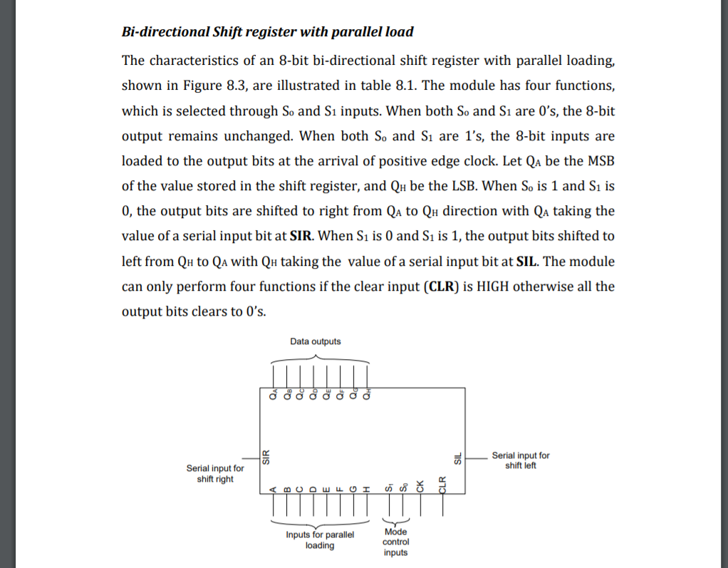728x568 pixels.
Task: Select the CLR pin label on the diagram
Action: [442, 484]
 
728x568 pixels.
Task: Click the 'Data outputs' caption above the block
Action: [316, 341]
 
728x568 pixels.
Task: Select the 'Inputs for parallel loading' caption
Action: [320, 539]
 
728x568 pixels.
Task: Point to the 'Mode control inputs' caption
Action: [396, 542]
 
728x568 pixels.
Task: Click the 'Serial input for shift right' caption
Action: [215, 473]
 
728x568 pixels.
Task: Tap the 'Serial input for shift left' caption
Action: [521, 460]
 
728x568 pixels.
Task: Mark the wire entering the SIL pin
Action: [476, 456]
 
